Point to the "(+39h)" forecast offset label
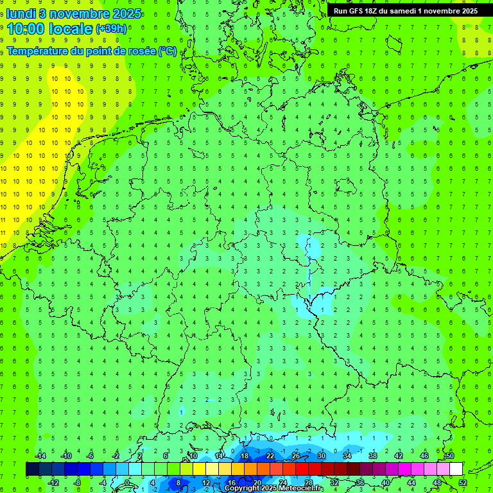110,29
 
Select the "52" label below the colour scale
463,483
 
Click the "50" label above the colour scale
450,456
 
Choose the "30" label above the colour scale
321,456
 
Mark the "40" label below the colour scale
386,483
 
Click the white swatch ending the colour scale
456,469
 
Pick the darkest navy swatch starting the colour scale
32,469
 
